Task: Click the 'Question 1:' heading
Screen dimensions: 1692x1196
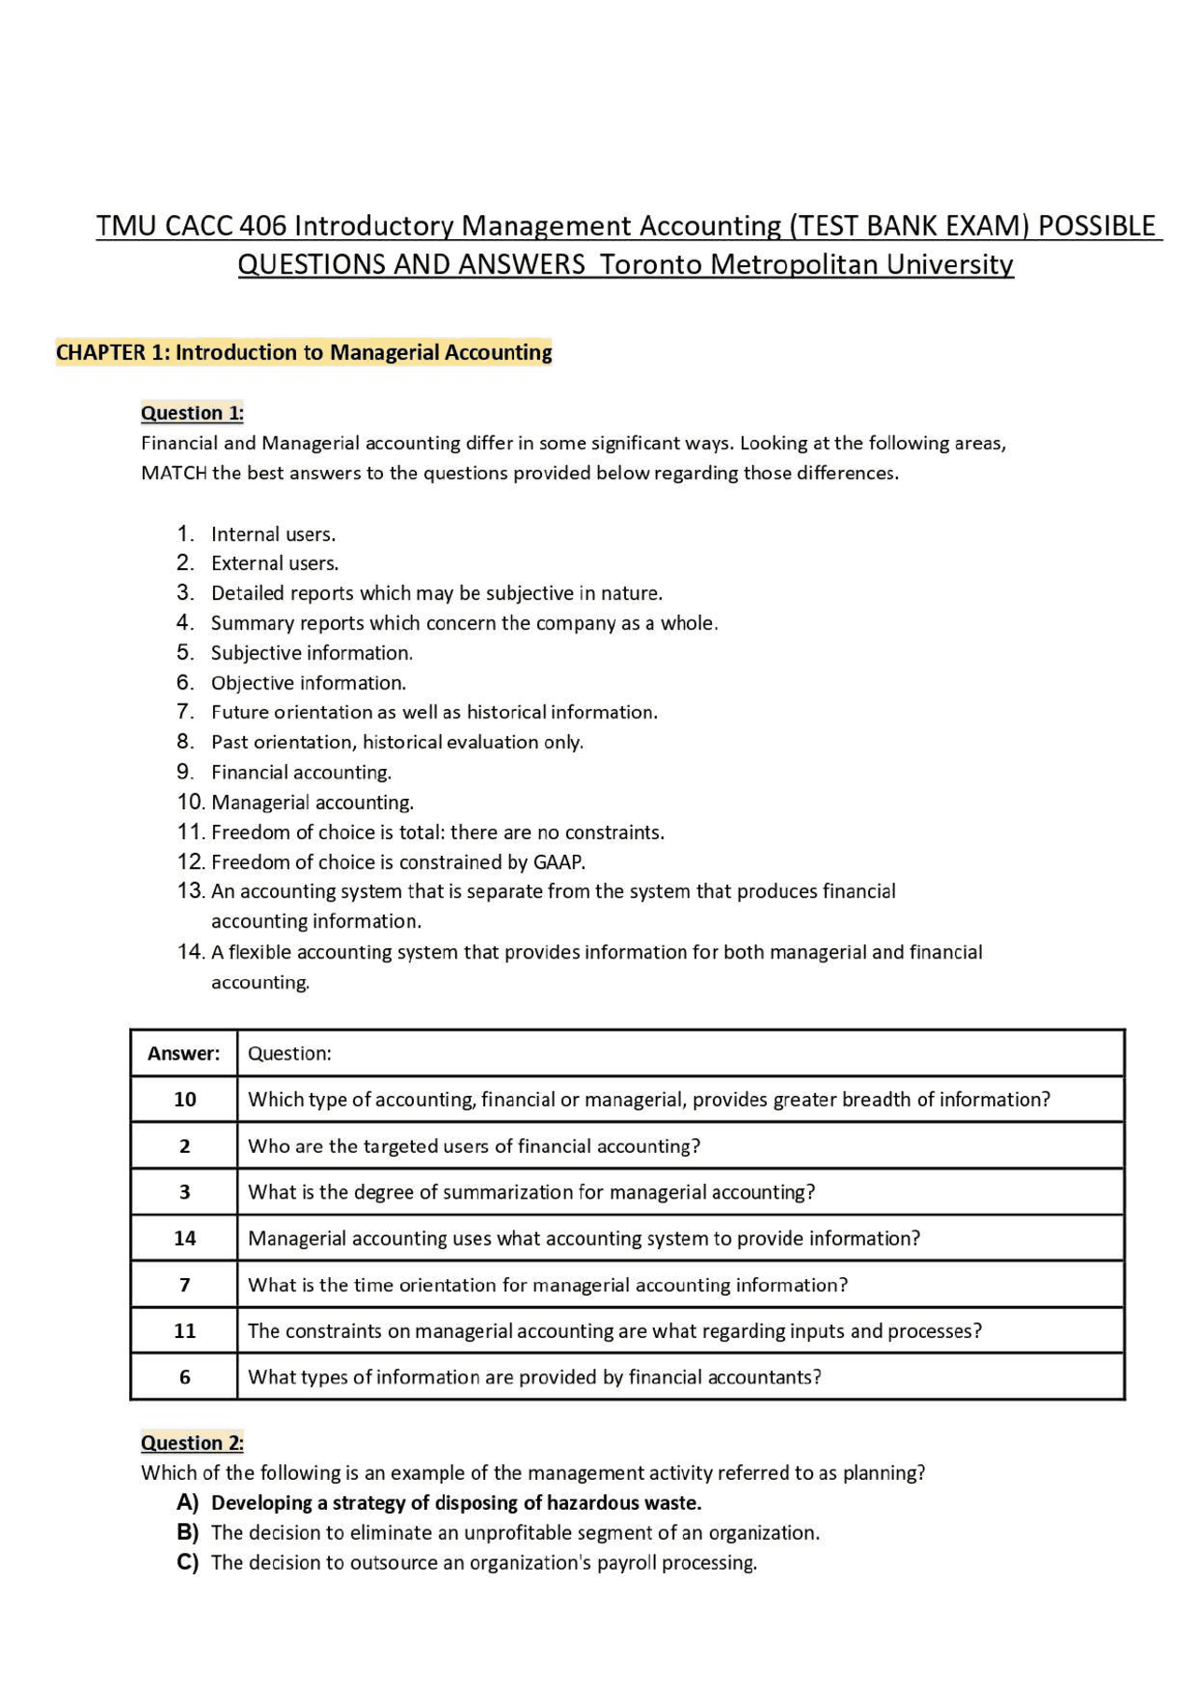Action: (x=192, y=413)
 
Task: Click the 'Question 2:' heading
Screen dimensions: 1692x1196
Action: (x=192, y=1443)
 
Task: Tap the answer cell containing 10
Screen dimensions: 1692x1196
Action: (x=185, y=1100)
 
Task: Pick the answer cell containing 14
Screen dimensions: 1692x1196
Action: (x=185, y=1239)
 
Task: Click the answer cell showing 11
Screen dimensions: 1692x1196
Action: (x=185, y=1331)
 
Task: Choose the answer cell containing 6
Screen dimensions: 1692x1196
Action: (x=185, y=1377)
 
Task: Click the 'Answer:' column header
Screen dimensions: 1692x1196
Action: (x=184, y=1054)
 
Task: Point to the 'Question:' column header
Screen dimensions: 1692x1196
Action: (x=290, y=1054)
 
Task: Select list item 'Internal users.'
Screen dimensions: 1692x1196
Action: (x=273, y=534)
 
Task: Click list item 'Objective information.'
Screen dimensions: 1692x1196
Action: (x=308, y=683)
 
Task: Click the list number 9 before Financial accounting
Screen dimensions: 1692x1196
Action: (x=184, y=772)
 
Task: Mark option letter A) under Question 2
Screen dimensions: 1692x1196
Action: (x=188, y=1502)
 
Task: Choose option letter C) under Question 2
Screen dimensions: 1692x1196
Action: (x=188, y=1562)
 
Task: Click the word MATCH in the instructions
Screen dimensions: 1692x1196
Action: (x=174, y=473)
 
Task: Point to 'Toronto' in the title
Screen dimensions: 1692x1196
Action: (x=651, y=264)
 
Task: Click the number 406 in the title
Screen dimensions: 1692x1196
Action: (x=263, y=226)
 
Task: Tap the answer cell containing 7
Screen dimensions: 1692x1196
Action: (x=185, y=1286)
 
